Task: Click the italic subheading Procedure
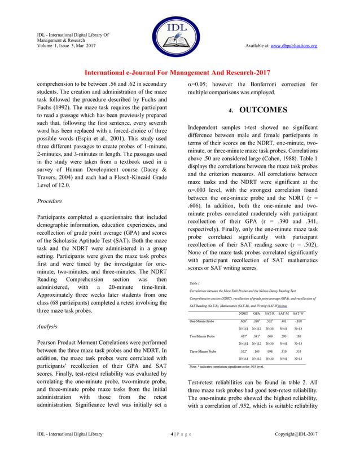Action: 49,200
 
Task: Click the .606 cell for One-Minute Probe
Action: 244,321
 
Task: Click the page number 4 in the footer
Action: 172,450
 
